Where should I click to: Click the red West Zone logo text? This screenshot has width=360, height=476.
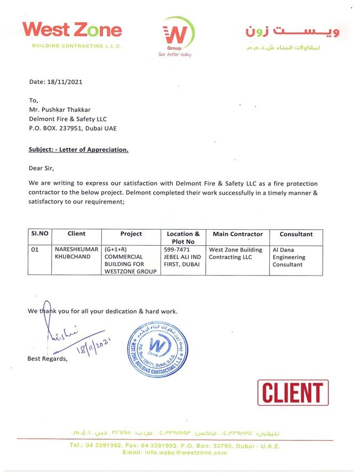click(x=73, y=29)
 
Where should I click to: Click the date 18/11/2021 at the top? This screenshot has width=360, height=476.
click(x=55, y=82)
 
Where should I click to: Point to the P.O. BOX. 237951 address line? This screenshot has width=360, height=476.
click(x=73, y=128)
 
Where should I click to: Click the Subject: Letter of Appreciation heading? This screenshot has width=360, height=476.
click(x=78, y=150)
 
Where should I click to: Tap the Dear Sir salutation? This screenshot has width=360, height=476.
click(x=41, y=168)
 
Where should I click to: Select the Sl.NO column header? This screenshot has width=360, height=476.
click(x=39, y=234)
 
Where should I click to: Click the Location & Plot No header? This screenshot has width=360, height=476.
click(x=183, y=237)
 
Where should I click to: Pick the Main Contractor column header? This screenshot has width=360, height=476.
click(x=237, y=234)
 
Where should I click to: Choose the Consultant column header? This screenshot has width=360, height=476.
click(x=296, y=234)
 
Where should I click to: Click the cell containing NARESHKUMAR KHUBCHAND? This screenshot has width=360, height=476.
click(x=76, y=253)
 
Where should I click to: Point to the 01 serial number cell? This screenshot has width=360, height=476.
click(x=35, y=249)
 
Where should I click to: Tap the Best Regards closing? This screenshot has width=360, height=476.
click(x=47, y=359)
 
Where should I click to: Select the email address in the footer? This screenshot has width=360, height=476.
click(x=174, y=453)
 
